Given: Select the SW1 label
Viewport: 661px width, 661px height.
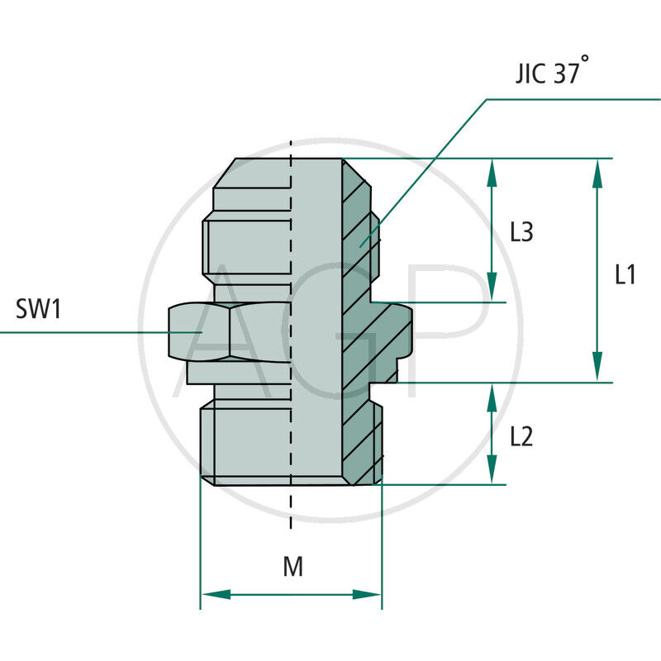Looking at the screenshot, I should [x=39, y=311].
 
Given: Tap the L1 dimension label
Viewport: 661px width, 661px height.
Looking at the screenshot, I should [x=625, y=275].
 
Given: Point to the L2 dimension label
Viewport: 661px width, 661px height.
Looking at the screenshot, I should [x=521, y=436].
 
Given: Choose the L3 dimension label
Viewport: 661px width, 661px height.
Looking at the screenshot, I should [x=521, y=233].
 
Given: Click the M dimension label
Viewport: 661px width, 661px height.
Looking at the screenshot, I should [x=292, y=567].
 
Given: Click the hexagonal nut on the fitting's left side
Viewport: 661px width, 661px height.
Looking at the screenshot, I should [x=198, y=332].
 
